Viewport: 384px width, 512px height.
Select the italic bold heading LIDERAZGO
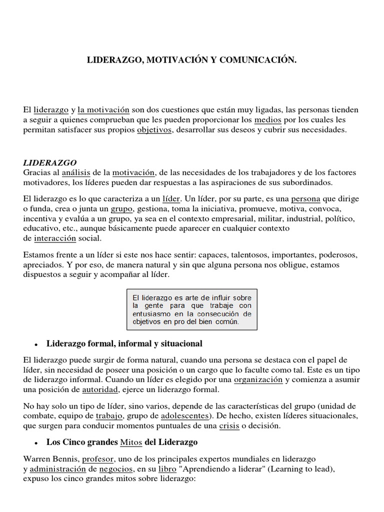tap(50, 163)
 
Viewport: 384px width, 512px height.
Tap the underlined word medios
tap(268, 120)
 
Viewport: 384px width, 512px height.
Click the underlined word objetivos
tap(154, 129)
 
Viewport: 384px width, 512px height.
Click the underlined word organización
tap(258, 379)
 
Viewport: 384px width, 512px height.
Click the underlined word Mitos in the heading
tap(131, 442)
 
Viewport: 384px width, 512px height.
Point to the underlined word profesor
tap(98, 458)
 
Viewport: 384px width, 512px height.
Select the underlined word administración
tap(58, 468)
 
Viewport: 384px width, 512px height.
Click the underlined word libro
tap(167, 468)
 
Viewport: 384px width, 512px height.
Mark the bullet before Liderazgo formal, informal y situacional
tap(36, 344)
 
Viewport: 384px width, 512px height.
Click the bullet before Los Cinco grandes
tap(36, 443)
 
